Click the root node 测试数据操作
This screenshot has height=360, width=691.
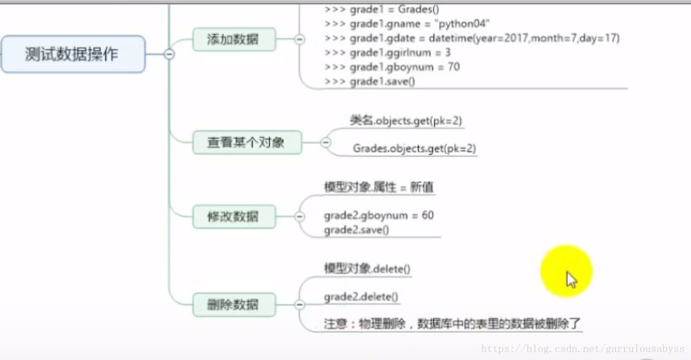pyautogui.click(x=72, y=54)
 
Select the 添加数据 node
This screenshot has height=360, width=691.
pyautogui.click(x=234, y=39)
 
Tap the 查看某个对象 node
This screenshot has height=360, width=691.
pyautogui.click(x=245, y=142)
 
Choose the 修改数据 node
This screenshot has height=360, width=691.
pyautogui.click(x=234, y=216)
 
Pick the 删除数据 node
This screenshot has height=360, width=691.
pyautogui.click(x=234, y=305)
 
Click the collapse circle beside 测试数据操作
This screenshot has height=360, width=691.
pyautogui.click(x=169, y=54)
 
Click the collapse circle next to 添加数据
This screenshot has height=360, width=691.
pyautogui.click(x=299, y=39)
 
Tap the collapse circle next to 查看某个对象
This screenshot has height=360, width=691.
pyautogui.click(x=325, y=142)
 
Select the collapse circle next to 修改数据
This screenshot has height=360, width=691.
pyautogui.click(x=299, y=216)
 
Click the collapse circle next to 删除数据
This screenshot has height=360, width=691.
pyautogui.click(x=299, y=305)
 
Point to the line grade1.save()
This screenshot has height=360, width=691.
pyautogui.click(x=382, y=82)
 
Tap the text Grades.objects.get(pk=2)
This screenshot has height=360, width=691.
pyautogui.click(x=414, y=149)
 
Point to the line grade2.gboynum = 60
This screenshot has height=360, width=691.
pyautogui.click(x=379, y=215)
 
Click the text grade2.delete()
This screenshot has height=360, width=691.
pyautogui.click(x=361, y=297)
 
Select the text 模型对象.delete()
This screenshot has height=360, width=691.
pyautogui.click(x=367, y=268)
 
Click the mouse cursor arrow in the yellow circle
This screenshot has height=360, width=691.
pyautogui.click(x=571, y=279)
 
